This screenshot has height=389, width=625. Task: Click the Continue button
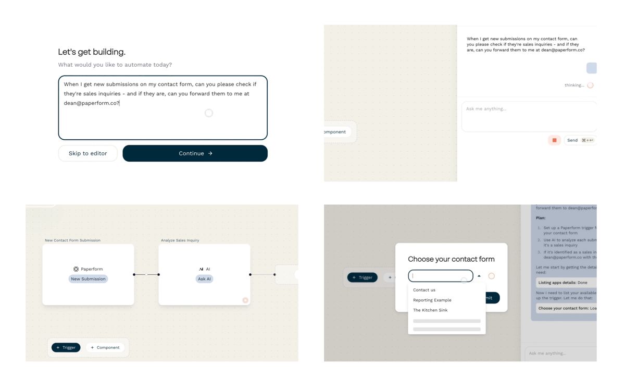195,153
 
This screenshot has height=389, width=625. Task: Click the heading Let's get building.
92,52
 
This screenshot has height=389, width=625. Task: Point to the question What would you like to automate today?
115,65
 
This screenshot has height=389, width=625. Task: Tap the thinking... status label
574,85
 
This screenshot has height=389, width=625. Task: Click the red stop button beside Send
554,140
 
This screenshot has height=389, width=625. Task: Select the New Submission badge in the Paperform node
88,279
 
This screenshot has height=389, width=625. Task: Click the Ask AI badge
204,279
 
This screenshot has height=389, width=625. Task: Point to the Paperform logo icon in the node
76,269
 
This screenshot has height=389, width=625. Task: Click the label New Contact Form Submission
72,240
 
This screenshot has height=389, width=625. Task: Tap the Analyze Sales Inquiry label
180,240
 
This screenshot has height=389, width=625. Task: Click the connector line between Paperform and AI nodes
146,274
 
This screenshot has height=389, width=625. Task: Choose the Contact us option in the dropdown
424,290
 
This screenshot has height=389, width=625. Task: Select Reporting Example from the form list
432,300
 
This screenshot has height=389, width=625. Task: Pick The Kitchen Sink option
430,310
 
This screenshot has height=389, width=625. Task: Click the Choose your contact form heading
451,259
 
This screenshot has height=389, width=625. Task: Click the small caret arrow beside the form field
479,276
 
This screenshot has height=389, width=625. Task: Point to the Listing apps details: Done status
562,283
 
